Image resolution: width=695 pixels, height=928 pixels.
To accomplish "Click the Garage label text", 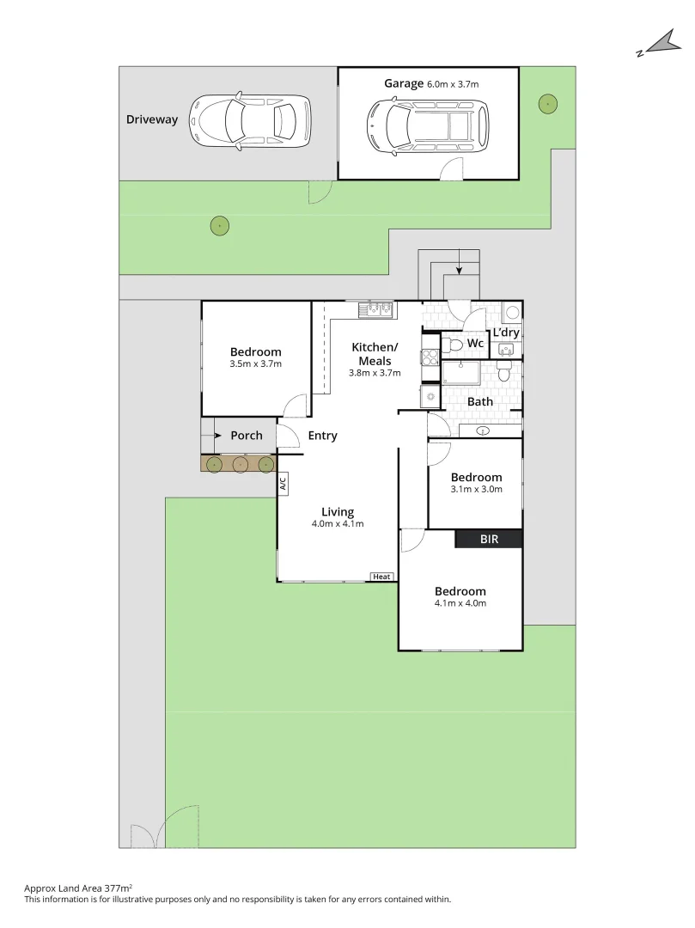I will [x=404, y=83].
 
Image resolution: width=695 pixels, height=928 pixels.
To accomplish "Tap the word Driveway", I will [x=152, y=119].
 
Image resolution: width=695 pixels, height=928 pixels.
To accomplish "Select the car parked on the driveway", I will [x=250, y=121].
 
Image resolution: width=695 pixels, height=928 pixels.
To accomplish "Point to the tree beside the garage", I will [x=546, y=105].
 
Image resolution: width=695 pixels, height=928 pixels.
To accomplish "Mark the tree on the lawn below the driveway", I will [x=220, y=226].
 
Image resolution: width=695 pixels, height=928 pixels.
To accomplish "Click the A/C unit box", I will [x=283, y=484].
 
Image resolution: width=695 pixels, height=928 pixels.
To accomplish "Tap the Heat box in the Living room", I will [x=381, y=577].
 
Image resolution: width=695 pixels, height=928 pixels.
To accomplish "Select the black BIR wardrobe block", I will [x=488, y=539].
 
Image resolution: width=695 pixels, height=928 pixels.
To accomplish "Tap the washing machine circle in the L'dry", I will [x=512, y=313].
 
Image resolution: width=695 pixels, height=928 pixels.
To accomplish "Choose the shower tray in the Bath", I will [x=468, y=372].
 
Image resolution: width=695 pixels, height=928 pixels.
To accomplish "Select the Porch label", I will [x=247, y=436].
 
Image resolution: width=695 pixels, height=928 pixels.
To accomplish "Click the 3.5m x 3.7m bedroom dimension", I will [x=256, y=364].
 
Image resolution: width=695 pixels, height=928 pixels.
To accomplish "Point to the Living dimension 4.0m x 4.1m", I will [x=338, y=524].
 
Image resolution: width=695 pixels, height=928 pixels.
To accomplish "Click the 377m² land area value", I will [x=117, y=888].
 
